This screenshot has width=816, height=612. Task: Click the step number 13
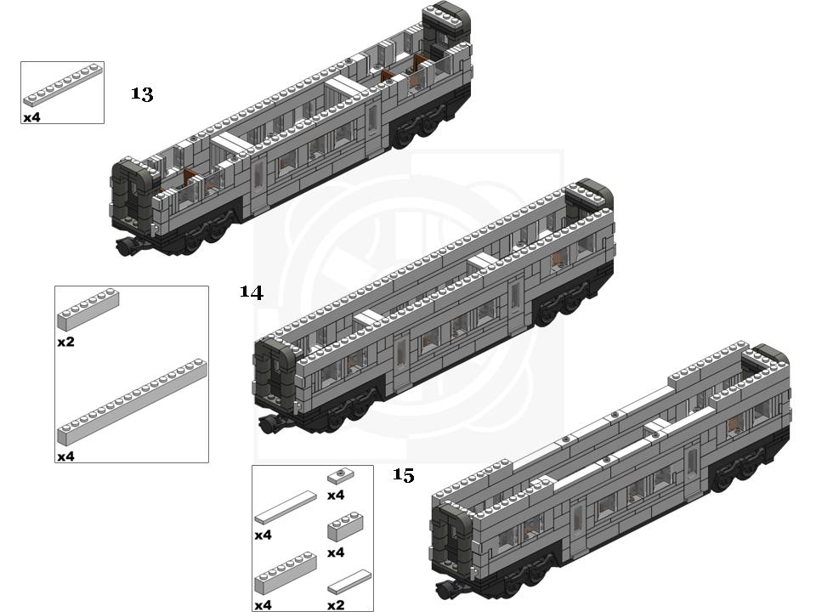142,94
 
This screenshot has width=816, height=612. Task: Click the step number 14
252,292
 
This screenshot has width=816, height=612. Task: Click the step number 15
403,475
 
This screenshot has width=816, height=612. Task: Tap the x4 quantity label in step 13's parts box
31,117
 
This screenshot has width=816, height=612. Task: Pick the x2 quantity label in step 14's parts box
65,342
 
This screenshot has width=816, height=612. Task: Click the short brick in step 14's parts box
88,310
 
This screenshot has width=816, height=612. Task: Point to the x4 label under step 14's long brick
65,456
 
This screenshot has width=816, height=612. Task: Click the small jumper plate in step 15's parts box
341,476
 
